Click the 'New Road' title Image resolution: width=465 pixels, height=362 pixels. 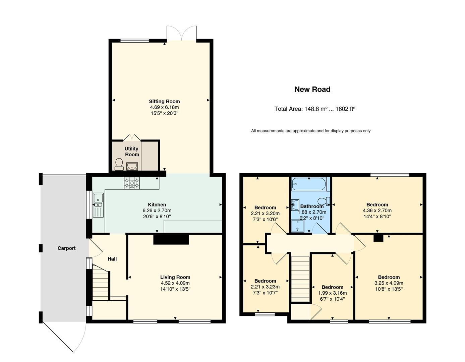(312, 89)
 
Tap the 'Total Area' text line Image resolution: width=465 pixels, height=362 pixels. (314, 109)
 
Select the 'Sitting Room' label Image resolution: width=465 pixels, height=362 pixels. (164, 101)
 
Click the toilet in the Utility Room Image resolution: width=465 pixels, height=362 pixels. (119, 164)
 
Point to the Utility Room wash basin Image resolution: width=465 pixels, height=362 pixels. (132, 166)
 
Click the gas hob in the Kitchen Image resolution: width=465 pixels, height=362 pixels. (132, 183)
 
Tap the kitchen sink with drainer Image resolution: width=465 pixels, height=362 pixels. (98, 205)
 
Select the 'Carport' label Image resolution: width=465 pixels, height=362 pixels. (67, 248)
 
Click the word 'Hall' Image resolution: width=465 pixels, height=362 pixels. (112, 259)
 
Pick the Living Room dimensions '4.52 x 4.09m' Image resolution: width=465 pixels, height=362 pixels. (175, 283)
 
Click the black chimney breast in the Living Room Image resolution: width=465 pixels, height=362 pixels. (171, 240)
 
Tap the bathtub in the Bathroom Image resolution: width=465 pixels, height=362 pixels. (309, 184)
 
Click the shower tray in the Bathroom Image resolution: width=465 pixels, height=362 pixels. (298, 226)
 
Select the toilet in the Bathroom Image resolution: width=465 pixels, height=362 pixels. (323, 201)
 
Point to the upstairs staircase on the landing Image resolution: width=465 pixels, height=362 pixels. (301, 279)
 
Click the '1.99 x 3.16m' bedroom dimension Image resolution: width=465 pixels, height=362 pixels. (333, 293)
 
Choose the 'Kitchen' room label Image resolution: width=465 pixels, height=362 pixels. (157, 204)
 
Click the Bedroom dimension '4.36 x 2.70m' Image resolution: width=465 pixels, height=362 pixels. (377, 210)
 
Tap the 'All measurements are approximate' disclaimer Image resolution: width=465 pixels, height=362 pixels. (311, 131)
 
